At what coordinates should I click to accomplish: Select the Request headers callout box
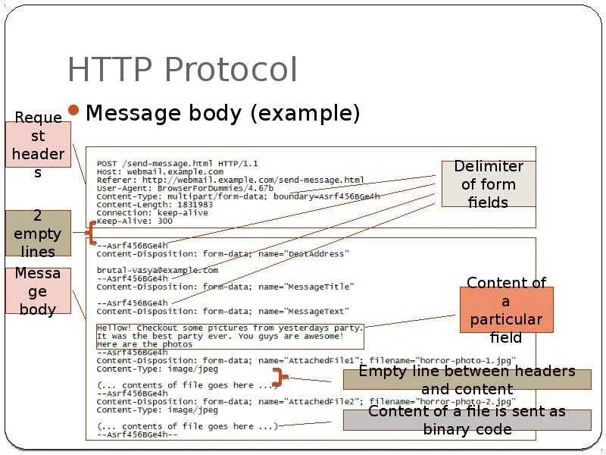pos(39,145)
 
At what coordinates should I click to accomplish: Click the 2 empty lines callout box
pos(38,234)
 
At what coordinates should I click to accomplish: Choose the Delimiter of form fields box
pos(488,184)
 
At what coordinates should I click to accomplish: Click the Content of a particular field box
pos(506,310)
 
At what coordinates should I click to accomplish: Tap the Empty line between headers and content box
pos(467,380)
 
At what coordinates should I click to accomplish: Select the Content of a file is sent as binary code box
pos(467,420)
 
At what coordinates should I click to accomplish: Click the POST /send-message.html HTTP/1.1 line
pos(177,163)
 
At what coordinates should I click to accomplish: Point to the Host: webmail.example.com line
pos(160,171)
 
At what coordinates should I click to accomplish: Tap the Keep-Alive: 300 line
pos(134,221)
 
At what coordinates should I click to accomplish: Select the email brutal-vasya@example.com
pos(157,270)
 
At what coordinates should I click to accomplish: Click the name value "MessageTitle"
pos(318,287)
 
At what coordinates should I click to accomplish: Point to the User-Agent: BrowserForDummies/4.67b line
pos(185,188)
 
